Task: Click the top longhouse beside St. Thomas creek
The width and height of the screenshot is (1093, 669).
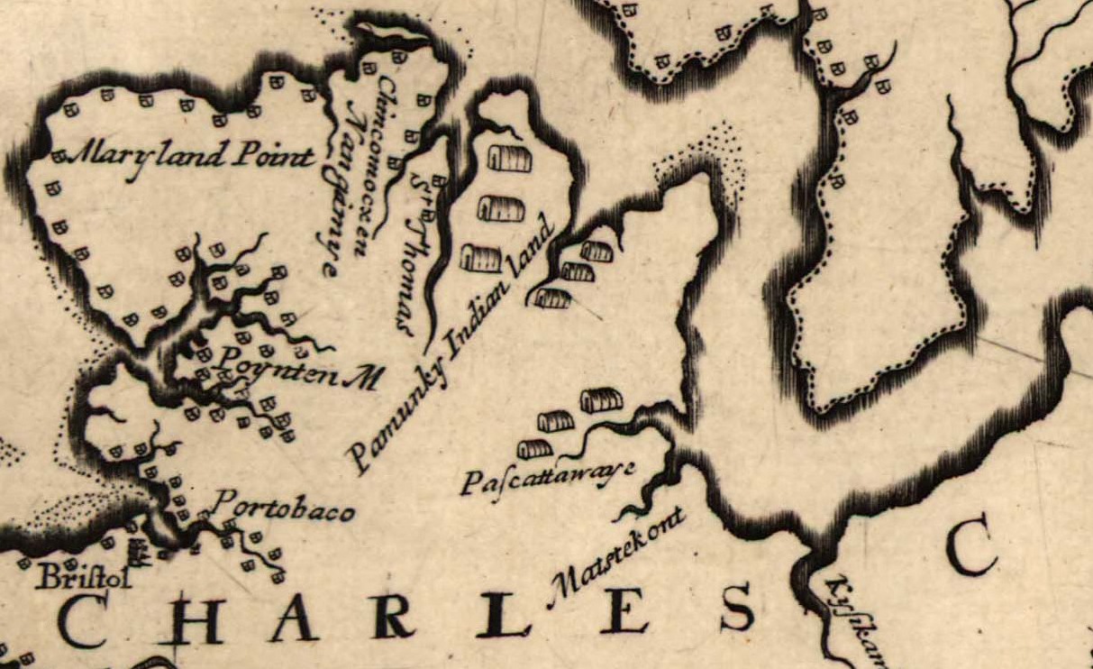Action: point(509,160)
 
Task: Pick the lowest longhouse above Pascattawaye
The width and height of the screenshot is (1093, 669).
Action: point(535,448)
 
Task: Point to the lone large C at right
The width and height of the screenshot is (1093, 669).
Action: point(970,551)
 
